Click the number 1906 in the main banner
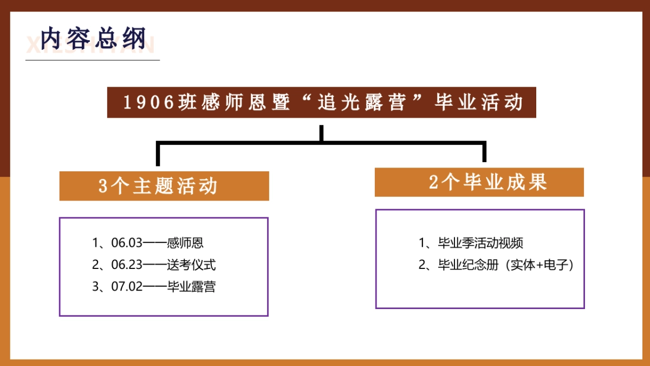(x=148, y=102)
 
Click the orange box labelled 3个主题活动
(x=164, y=186)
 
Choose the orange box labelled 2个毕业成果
(x=479, y=182)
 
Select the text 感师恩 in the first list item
(x=185, y=243)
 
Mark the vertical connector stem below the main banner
(x=322, y=133)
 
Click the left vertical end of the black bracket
(x=158, y=155)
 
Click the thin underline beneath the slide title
(x=93, y=60)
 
